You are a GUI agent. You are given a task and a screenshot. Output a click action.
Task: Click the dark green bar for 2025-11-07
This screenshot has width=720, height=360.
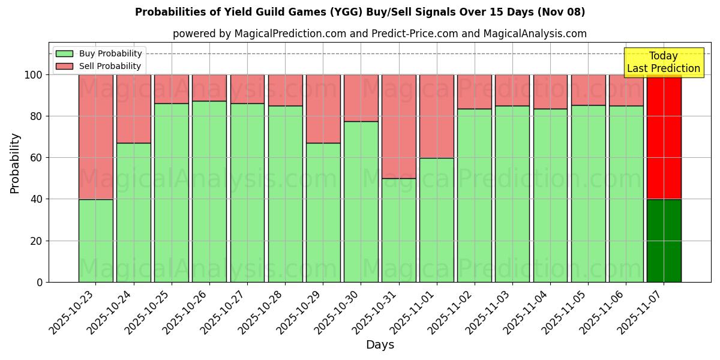[664, 241]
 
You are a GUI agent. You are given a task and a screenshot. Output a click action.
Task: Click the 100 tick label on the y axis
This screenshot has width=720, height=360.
[34, 75]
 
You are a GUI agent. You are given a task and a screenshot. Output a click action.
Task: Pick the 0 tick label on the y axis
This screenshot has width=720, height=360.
[40, 282]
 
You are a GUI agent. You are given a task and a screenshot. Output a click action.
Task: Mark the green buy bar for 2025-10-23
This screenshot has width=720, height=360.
[96, 241]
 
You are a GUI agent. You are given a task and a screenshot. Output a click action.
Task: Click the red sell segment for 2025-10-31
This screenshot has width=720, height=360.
[399, 126]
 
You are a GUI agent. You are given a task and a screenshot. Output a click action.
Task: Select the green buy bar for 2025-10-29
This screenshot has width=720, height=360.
[323, 212]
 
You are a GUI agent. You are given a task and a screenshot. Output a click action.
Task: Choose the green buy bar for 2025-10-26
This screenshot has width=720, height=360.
[209, 191]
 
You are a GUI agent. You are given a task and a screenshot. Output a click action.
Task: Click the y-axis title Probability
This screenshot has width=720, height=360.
[15, 163]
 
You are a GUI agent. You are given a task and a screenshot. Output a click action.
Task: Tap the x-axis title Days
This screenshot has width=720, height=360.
[380, 345]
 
